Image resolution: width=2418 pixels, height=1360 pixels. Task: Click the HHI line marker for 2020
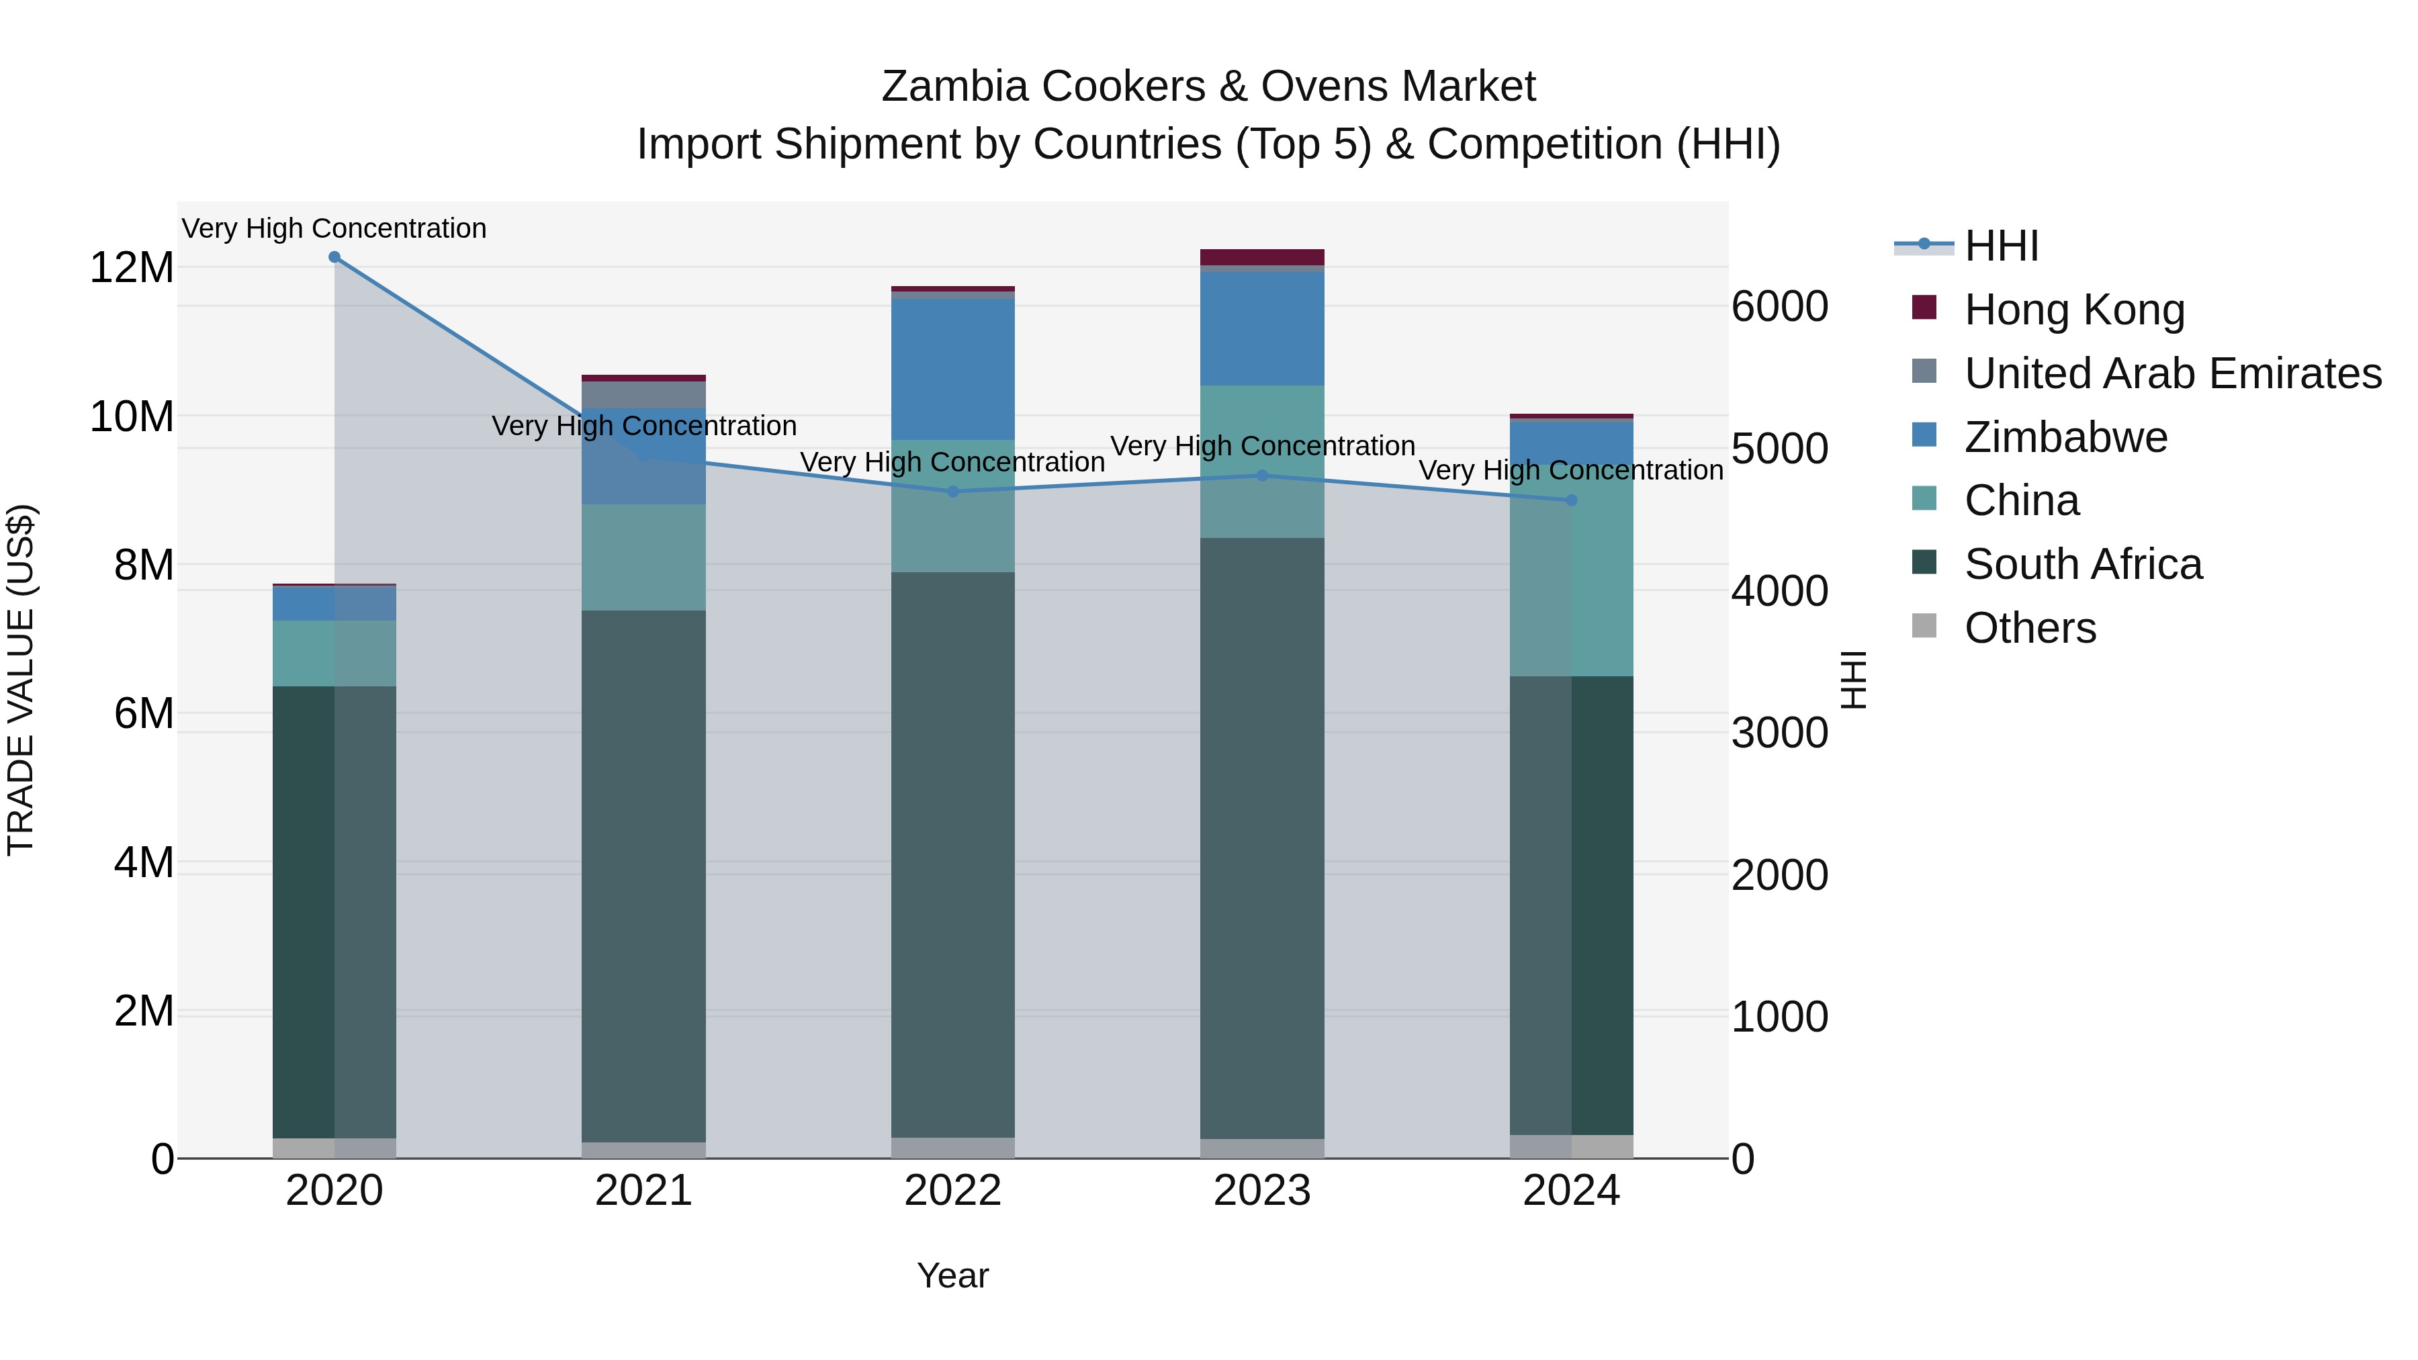point(334,257)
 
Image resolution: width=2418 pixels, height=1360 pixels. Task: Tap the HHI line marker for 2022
point(952,492)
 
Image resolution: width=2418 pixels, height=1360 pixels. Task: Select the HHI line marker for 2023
point(1261,476)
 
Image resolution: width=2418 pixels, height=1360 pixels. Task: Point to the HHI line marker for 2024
point(1571,500)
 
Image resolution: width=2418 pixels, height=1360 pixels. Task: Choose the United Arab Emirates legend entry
point(2172,373)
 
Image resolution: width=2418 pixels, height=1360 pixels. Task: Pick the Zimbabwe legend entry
point(2065,437)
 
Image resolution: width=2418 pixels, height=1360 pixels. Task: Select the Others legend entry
point(2029,628)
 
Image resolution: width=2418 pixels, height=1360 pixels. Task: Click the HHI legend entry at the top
point(2000,246)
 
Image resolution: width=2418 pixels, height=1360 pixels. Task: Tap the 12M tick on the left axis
point(132,267)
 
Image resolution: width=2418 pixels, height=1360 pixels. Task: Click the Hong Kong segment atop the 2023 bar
point(1261,257)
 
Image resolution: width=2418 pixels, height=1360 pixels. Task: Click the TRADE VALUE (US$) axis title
point(21,680)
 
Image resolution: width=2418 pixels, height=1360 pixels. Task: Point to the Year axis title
point(952,1275)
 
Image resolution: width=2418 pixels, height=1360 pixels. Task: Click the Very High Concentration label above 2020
point(334,228)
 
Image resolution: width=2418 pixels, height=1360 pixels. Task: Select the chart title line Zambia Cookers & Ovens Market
point(1208,87)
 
